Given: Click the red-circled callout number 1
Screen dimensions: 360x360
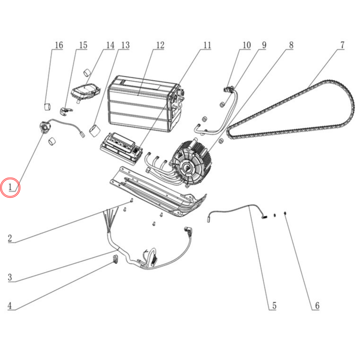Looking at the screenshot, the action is pos(10,187).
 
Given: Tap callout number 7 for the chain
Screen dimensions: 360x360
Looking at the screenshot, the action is pos(342,45).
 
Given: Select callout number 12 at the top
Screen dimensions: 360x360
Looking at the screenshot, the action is pos(160,45).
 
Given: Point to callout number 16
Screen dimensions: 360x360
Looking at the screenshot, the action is pos(59,45).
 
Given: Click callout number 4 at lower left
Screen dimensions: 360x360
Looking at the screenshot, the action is pos(9,306).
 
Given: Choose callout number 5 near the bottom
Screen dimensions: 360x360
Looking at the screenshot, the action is pos(274,306).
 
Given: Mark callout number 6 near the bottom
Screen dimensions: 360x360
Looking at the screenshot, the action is pos(317,306).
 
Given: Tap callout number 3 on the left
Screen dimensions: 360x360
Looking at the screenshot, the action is pos(9,277).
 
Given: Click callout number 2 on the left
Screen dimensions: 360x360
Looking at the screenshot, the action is pos(9,238).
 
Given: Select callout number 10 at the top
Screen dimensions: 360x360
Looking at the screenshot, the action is pos(246,45).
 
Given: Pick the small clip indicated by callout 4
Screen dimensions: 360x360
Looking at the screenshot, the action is pos(115,259).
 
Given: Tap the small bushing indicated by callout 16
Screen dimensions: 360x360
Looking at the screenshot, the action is pos(47,107).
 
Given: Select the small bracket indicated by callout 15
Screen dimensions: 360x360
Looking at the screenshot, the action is pos(66,111).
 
